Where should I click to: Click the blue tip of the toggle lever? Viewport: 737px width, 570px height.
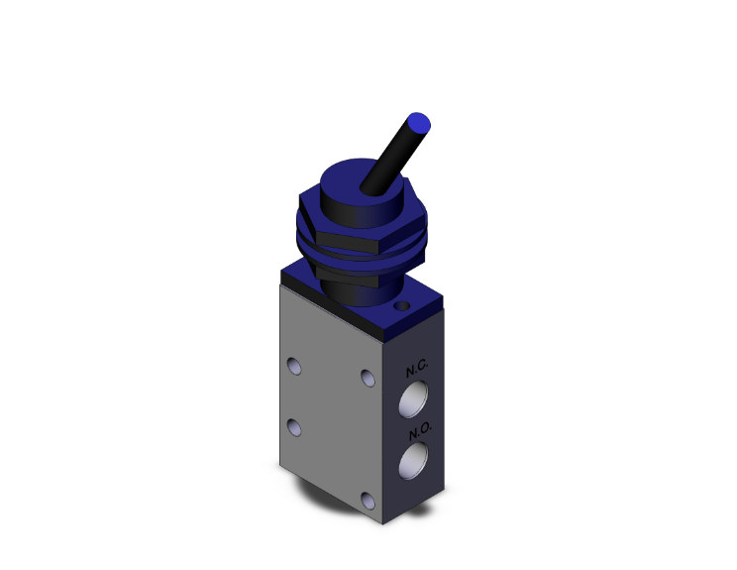point(420,123)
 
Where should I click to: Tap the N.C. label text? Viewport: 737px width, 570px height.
point(417,372)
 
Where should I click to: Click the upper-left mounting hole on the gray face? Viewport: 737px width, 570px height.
point(294,366)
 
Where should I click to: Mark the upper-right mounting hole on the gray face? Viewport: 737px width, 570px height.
point(368,378)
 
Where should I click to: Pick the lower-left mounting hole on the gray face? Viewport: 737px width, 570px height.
point(293,426)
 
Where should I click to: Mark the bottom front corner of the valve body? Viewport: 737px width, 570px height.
point(383,523)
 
